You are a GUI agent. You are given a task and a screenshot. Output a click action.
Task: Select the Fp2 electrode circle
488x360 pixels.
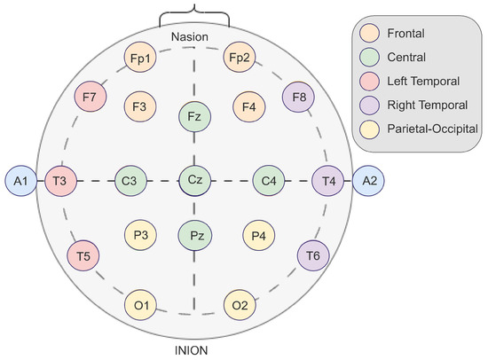click(x=239, y=58)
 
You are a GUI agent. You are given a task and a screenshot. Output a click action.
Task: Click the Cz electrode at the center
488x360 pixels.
click(x=194, y=180)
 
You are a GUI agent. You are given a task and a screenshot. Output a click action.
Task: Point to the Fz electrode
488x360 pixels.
click(x=194, y=116)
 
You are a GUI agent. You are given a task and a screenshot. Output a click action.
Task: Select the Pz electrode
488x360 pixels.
click(x=194, y=237)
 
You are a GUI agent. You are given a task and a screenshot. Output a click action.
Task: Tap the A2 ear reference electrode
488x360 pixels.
click(x=368, y=181)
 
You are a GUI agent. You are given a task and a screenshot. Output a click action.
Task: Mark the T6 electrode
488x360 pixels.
click(x=313, y=255)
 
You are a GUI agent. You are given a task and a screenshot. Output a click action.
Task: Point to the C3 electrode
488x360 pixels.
click(x=130, y=181)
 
